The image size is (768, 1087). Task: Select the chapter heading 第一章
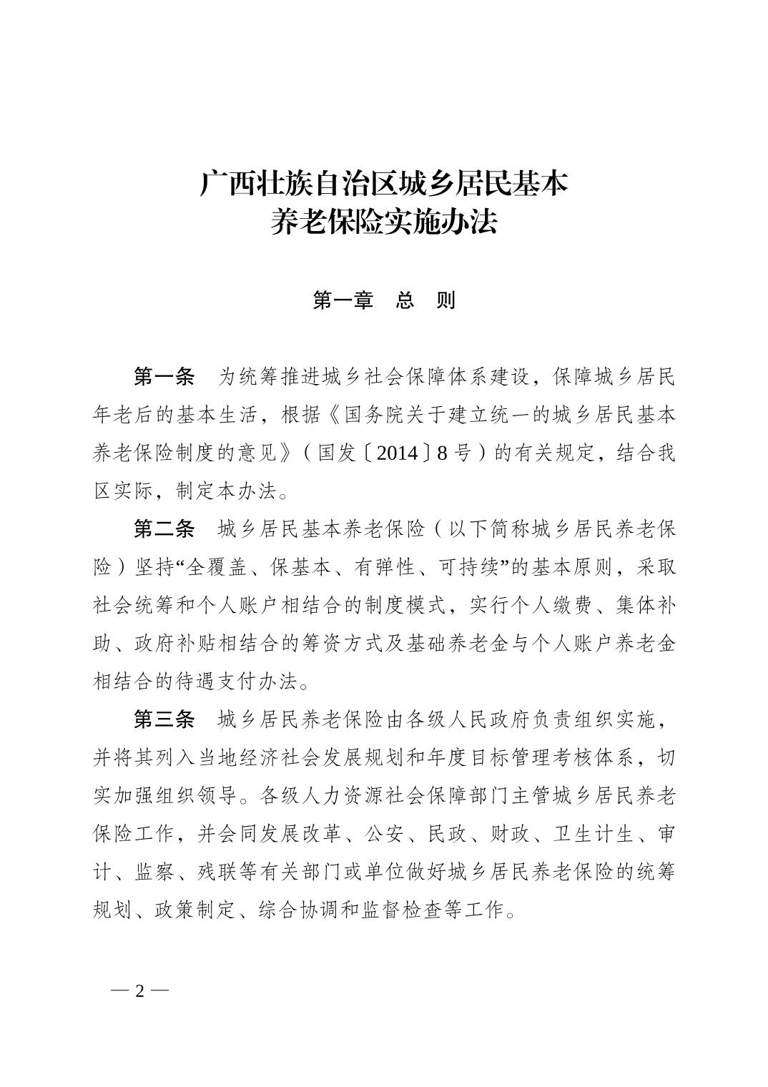(343, 300)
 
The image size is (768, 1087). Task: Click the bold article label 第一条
(164, 376)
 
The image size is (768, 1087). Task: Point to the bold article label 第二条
(164, 529)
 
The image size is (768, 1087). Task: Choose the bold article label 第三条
(164, 719)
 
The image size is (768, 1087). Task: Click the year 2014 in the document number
(396, 453)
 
